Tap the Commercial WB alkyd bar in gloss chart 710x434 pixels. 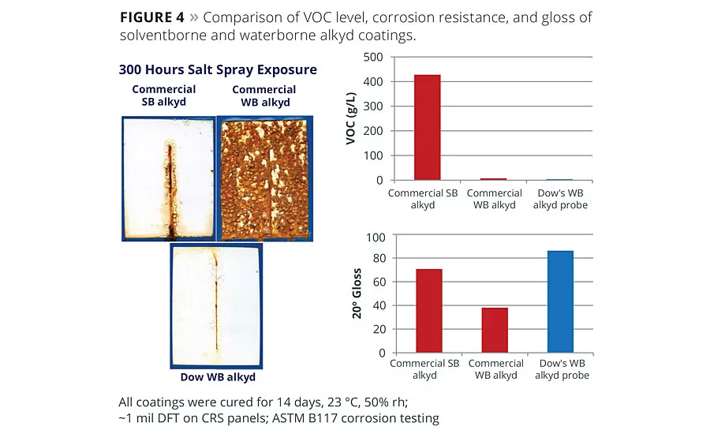[x=495, y=330]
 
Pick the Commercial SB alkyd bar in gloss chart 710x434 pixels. [x=429, y=311]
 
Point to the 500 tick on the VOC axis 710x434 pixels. [x=374, y=57]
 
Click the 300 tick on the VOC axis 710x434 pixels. [x=374, y=107]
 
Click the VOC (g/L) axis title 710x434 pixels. [x=352, y=118]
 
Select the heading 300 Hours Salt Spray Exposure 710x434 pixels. [x=218, y=69]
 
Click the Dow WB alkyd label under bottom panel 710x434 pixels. [x=218, y=377]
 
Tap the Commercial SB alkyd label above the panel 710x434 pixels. [x=164, y=95]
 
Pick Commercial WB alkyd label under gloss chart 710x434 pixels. [x=495, y=369]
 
